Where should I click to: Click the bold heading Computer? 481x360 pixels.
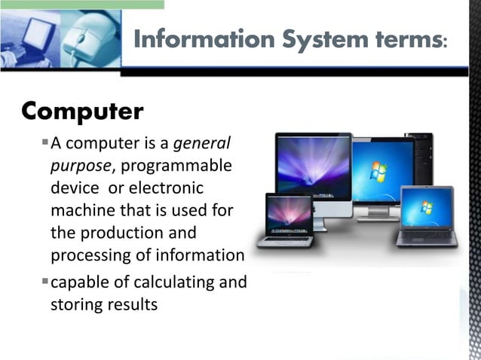[x=82, y=111]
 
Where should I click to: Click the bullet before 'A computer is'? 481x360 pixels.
[x=45, y=142]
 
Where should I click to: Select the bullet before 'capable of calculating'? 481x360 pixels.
[x=45, y=282]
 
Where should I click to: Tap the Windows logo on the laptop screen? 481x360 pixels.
[x=427, y=207]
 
